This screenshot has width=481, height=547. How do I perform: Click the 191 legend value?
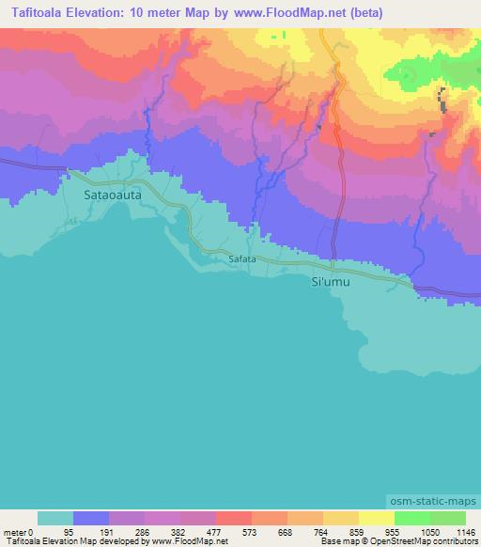(126, 531)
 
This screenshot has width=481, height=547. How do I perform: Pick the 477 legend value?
(233, 531)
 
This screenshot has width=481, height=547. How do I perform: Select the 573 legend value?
(269, 531)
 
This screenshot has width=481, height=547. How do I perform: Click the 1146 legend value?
(466, 531)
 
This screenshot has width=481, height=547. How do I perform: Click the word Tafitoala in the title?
(34, 13)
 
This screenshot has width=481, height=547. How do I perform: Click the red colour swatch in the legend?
(233, 518)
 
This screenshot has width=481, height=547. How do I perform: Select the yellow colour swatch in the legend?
(376, 518)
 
